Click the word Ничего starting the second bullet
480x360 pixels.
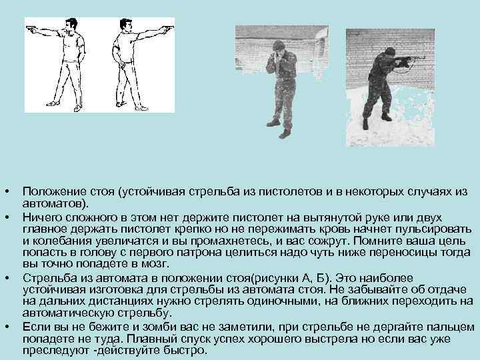[41, 216]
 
